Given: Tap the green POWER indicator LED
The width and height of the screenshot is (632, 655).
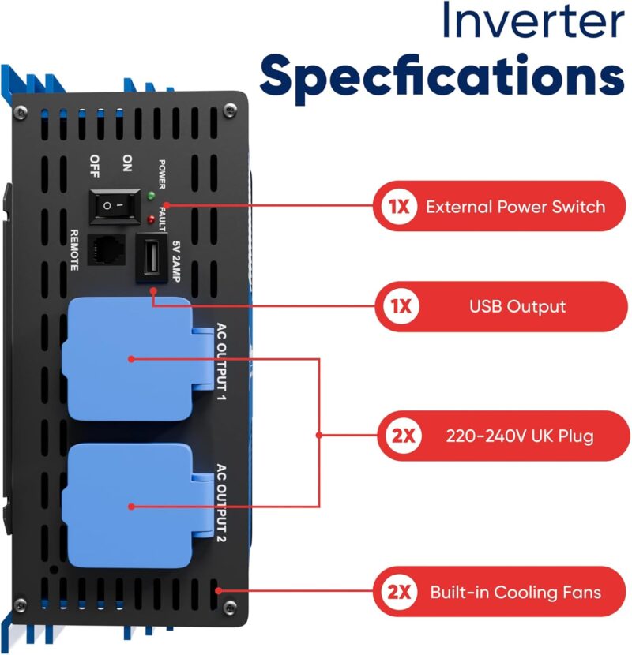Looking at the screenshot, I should click(151, 195).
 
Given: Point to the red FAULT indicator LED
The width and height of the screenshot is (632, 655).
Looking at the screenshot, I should click(151, 215).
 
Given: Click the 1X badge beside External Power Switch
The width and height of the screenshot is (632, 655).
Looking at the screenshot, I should click(397, 207).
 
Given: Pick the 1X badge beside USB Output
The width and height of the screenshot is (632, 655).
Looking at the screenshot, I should click(397, 306).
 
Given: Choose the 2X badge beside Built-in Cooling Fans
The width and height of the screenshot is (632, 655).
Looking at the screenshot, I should click(397, 592).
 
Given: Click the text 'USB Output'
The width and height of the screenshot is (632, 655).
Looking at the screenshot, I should click(518, 306).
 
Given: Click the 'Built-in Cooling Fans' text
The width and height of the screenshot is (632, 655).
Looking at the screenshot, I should click(515, 592).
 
